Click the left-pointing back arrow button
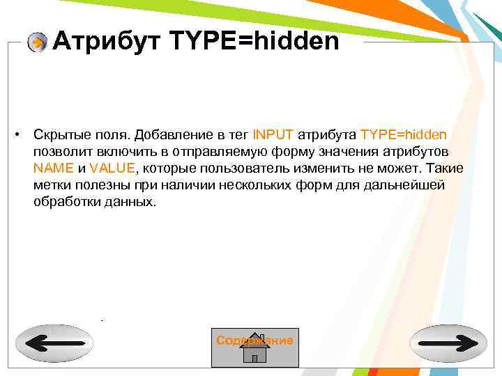click(x=54, y=343)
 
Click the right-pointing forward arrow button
click(x=448, y=343)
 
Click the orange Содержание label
click(x=254, y=340)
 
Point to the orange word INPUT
click(x=274, y=134)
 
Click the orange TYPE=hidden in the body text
click(x=404, y=134)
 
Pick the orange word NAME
click(x=53, y=169)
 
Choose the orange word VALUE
click(x=113, y=169)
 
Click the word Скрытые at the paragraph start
click(x=57, y=134)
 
